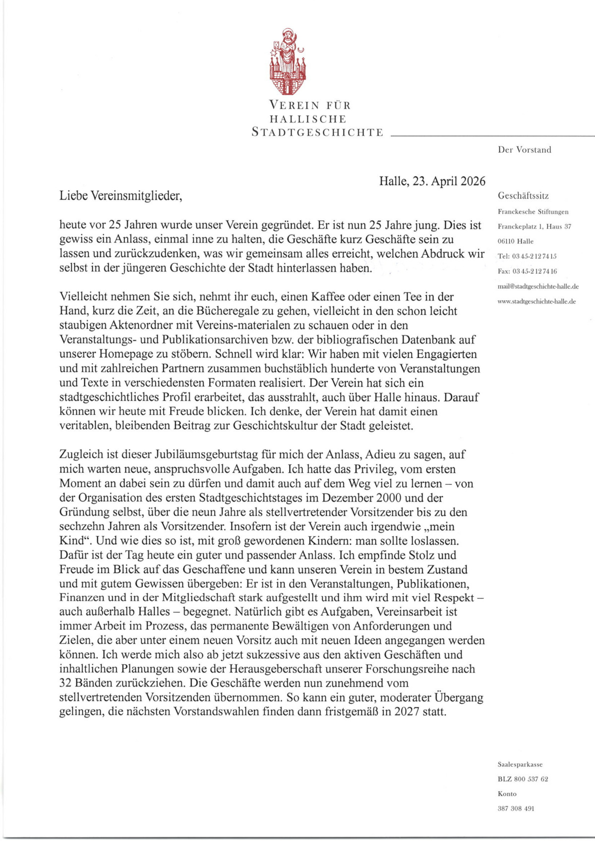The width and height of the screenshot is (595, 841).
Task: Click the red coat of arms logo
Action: coord(288,62)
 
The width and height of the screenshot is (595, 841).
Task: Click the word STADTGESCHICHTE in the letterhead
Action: coord(317,133)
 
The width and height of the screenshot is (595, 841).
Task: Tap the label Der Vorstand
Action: coord(525,150)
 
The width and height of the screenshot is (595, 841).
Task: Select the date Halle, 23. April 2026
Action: coord(432,181)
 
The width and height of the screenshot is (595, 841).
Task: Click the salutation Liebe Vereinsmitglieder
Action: coord(121,196)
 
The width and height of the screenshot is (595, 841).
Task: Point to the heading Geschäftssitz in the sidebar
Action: coord(523,196)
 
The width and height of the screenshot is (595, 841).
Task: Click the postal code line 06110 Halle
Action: coord(516,241)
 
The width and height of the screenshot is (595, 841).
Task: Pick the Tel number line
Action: coord(527,256)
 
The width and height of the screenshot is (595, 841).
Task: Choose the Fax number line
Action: coord(527,271)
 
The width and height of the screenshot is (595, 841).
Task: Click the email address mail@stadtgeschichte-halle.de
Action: coord(538,286)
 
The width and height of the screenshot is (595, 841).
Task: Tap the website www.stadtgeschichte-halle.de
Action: coord(536,301)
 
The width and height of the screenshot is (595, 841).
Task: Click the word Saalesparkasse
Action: coord(520,764)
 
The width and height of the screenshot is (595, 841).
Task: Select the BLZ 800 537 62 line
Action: coord(523,779)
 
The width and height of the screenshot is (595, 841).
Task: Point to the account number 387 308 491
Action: coord(516,808)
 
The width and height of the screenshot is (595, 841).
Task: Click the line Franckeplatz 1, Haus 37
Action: coord(534,226)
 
